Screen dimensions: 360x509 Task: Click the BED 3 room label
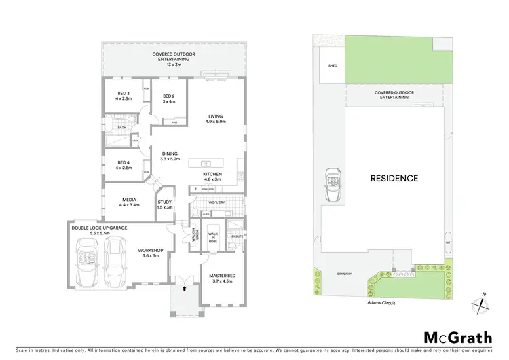pos(123,96)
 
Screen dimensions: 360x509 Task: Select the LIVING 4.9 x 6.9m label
pos(215,119)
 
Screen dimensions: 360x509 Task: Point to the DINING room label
pos(170,156)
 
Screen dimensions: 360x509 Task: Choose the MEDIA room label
pos(129,202)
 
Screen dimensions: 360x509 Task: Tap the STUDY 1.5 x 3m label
pos(165,204)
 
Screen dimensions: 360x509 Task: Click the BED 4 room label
pos(123,164)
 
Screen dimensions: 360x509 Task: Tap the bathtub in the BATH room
pos(109,124)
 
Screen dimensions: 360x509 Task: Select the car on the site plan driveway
pos(333,185)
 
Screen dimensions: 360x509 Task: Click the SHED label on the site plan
pos(333,66)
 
